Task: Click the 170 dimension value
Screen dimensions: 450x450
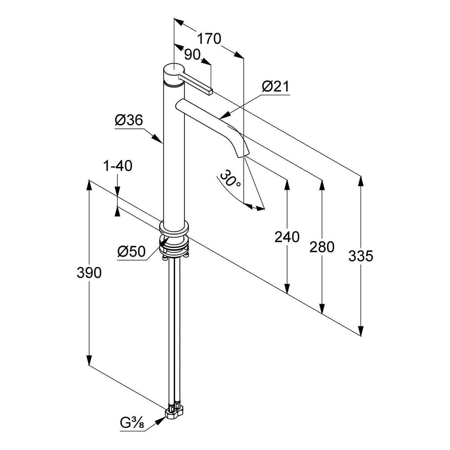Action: click(209, 39)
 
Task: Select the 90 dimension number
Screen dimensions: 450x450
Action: click(192, 54)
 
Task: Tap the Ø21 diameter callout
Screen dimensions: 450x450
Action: click(275, 86)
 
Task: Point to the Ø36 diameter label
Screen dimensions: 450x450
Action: click(129, 120)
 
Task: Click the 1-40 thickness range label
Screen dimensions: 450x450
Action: click(117, 166)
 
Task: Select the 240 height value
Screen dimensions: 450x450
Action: click(287, 237)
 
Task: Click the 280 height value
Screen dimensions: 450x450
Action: click(322, 247)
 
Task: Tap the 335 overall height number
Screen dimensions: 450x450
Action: click(361, 256)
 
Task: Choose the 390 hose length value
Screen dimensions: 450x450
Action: click(89, 273)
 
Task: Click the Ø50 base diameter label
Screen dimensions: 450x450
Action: click(131, 251)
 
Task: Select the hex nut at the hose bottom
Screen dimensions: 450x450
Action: click(172, 414)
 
